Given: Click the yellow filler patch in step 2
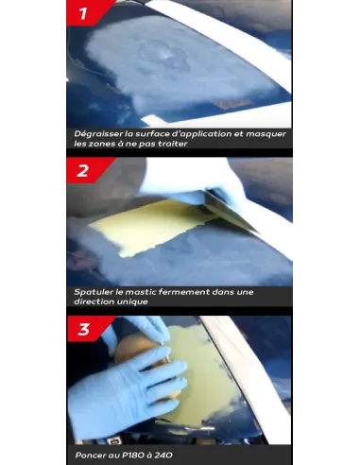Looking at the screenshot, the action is pos(148,225).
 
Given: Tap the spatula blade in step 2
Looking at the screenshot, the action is pos(230,211).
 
